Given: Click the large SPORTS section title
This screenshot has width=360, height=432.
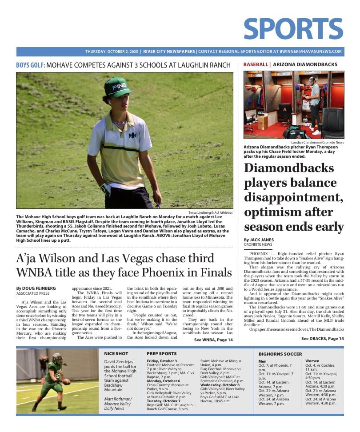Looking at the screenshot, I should click(x=293, y=29).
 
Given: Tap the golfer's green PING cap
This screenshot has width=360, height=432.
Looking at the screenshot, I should click(x=118, y=87).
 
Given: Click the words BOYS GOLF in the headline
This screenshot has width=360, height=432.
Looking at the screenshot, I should click(x=30, y=65).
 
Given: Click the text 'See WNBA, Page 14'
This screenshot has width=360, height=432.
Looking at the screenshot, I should click(x=213, y=340).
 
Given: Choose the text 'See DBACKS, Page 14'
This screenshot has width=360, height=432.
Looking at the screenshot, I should click(x=322, y=339).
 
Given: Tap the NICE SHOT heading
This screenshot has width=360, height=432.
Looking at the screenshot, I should click(x=116, y=353).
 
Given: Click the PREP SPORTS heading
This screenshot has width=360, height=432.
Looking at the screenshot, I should click(x=161, y=353).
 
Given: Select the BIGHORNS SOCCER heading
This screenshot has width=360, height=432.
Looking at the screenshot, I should click(x=280, y=354).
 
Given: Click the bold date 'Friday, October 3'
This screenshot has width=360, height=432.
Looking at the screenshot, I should click(x=162, y=361).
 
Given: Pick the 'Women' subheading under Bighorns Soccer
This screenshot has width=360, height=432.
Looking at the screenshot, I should click(x=313, y=361).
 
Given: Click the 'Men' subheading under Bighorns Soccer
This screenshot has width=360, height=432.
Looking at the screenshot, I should click(x=262, y=361).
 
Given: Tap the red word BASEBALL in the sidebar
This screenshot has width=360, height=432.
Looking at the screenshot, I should click(x=256, y=64).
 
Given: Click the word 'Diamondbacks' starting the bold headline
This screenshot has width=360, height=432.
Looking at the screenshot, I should click(x=288, y=168).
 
